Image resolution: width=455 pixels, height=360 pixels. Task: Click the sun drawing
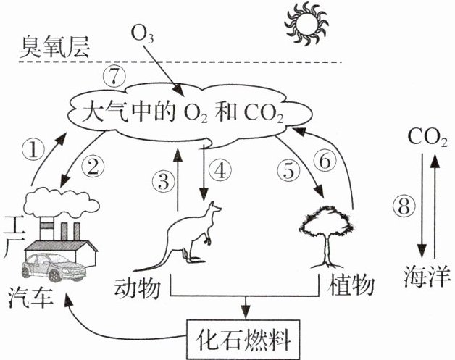pyautogui.click(x=306, y=24)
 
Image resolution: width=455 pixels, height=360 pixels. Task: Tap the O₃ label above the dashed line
pyautogui.click(x=142, y=33)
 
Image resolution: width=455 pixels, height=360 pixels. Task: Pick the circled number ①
pyautogui.click(x=33, y=150)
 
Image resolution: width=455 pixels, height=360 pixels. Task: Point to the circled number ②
pyautogui.click(x=93, y=167)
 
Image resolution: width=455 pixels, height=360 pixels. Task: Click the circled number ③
pyautogui.click(x=164, y=182)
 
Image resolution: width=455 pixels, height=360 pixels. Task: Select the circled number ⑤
pyautogui.click(x=288, y=170)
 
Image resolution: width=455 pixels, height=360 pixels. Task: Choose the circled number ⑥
pyautogui.click(x=325, y=160)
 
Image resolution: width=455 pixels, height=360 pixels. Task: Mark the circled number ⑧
pyautogui.click(x=404, y=208)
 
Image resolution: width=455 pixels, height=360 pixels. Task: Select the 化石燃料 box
pyautogui.click(x=243, y=339)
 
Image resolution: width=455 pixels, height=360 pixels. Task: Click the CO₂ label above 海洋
pyautogui.click(x=427, y=137)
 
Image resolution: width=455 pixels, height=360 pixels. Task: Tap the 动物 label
pyautogui.click(x=137, y=288)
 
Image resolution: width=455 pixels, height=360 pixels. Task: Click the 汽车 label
pyautogui.click(x=30, y=298)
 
